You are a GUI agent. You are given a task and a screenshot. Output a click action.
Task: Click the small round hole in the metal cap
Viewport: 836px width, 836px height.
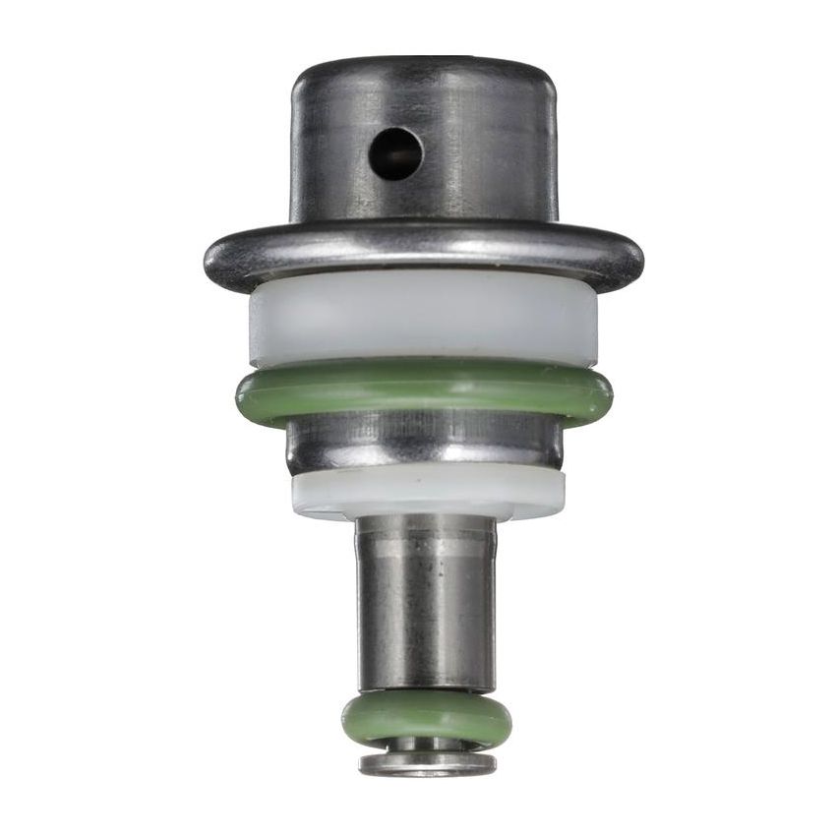[x=396, y=154]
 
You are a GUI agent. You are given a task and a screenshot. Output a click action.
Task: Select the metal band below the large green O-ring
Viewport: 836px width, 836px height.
[x=423, y=443]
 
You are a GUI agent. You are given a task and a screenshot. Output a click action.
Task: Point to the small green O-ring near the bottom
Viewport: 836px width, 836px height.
[x=426, y=720]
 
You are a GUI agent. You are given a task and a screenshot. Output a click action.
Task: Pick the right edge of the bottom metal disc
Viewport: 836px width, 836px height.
[x=491, y=763]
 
